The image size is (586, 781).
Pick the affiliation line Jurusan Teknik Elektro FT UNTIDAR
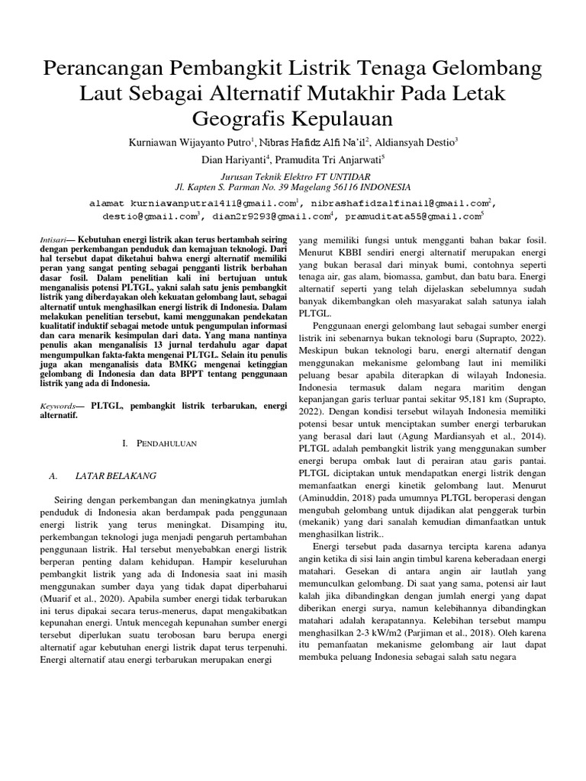tap(293, 175)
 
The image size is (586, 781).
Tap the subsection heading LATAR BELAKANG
tap(115, 475)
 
